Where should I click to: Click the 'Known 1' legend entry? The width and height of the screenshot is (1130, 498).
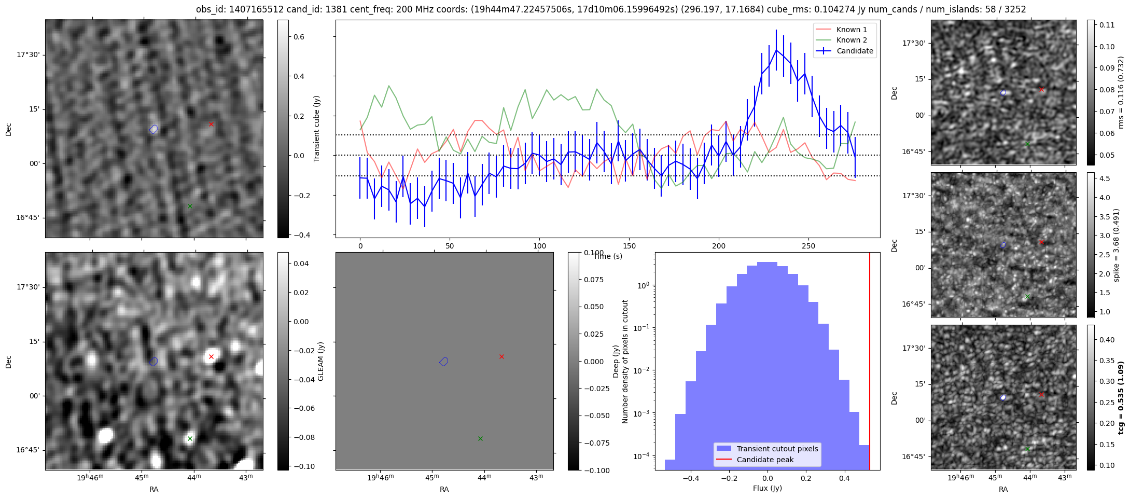click(x=852, y=30)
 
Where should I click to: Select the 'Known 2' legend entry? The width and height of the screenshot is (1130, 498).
click(x=852, y=40)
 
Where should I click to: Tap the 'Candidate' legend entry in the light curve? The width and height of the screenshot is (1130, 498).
click(x=855, y=51)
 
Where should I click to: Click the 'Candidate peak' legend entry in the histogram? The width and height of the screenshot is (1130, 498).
click(x=765, y=460)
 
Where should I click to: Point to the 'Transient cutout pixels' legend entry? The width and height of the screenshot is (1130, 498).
click(x=777, y=449)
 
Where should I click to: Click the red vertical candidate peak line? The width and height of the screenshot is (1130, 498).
click(x=870, y=363)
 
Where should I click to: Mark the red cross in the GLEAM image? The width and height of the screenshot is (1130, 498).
click(x=211, y=356)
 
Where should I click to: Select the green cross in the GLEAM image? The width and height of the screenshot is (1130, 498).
click(x=190, y=438)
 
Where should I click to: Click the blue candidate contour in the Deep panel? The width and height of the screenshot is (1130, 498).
click(x=444, y=362)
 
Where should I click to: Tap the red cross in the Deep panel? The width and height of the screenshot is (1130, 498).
click(x=501, y=356)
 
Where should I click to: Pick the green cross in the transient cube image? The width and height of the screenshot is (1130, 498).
click(x=190, y=206)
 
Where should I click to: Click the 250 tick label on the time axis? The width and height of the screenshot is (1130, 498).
click(x=808, y=246)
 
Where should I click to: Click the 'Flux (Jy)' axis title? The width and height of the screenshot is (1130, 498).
click(x=767, y=488)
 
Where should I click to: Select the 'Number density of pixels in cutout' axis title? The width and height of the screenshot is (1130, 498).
click(x=625, y=362)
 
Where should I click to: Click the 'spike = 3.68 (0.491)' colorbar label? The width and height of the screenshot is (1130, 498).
click(x=1117, y=245)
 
